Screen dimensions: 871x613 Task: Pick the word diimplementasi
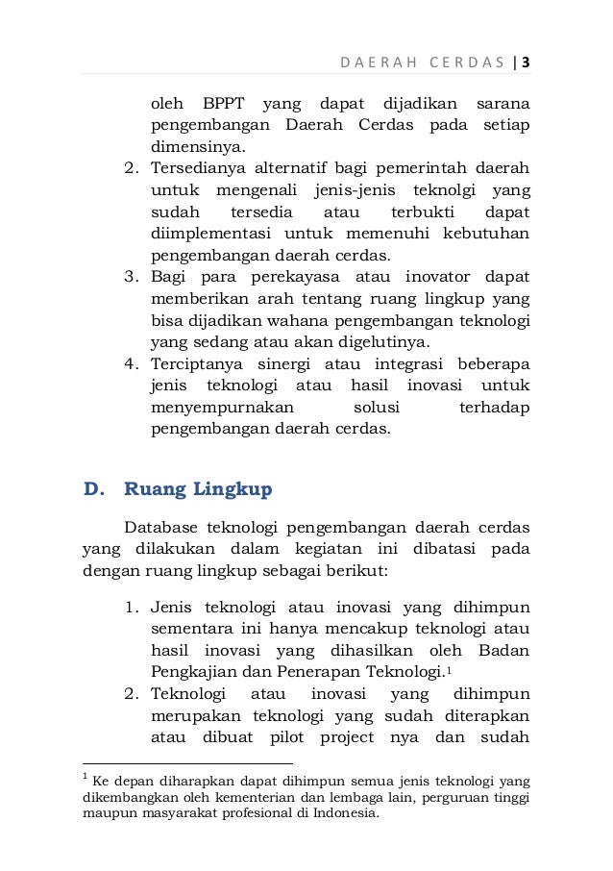pos(206,234)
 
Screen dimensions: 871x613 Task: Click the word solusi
pos(371,408)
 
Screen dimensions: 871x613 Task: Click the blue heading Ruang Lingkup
pos(199,489)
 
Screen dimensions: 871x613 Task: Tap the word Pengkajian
pos(192,672)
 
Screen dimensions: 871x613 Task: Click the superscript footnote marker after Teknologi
pos(450,668)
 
